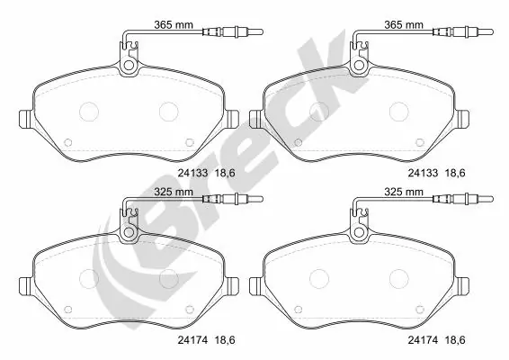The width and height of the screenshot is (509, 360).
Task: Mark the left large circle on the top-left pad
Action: click(90, 112)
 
